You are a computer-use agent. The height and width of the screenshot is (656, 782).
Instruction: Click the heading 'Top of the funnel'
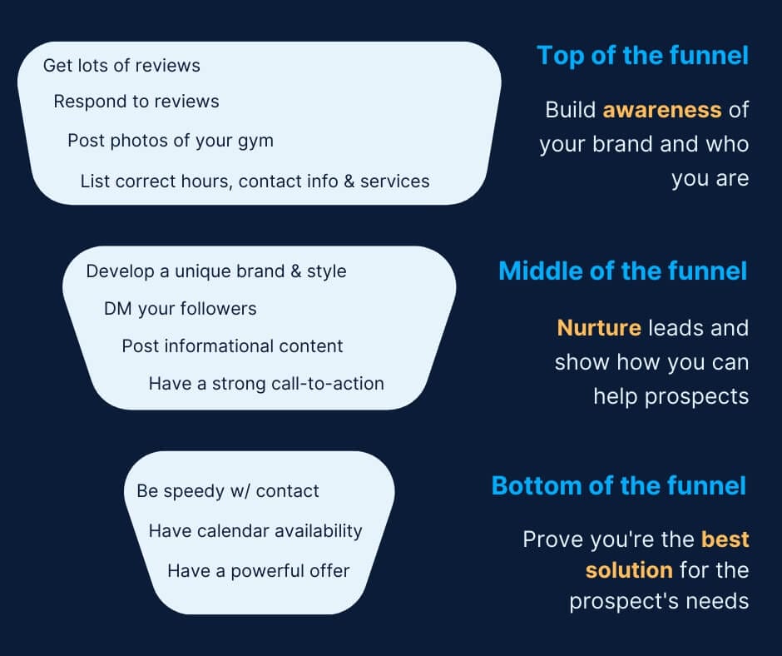click(x=642, y=56)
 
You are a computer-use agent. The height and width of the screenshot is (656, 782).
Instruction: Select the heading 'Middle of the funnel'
click(x=622, y=271)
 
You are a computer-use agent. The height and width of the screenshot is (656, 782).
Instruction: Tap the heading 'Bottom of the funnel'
click(x=619, y=485)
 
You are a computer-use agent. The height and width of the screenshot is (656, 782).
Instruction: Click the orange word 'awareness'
click(x=662, y=110)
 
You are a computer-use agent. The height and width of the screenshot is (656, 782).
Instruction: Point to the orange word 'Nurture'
click(x=599, y=328)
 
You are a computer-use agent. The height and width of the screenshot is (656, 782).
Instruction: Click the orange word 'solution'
click(x=629, y=570)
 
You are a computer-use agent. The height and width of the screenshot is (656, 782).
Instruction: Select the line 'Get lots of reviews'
click(x=121, y=65)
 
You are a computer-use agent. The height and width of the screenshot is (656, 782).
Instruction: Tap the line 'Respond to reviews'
click(x=136, y=102)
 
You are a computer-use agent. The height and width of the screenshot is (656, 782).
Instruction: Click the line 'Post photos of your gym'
click(x=171, y=140)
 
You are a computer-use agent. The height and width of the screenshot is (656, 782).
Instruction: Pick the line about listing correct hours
click(x=255, y=181)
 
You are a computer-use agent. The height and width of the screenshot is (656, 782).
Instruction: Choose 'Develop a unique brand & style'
click(x=216, y=271)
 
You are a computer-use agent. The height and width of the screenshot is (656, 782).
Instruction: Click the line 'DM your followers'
click(x=180, y=309)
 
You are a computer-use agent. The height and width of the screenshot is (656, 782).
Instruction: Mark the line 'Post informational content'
click(x=232, y=346)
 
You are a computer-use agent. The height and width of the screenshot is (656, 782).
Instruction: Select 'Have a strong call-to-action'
click(x=266, y=384)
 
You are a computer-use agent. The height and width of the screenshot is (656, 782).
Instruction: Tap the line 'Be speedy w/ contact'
click(x=228, y=491)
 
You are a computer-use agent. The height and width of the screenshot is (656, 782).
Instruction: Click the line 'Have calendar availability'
click(x=255, y=530)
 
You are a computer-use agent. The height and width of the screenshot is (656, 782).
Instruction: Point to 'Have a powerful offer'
click(x=258, y=571)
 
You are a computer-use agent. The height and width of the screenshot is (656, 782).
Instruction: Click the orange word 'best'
click(x=725, y=539)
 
